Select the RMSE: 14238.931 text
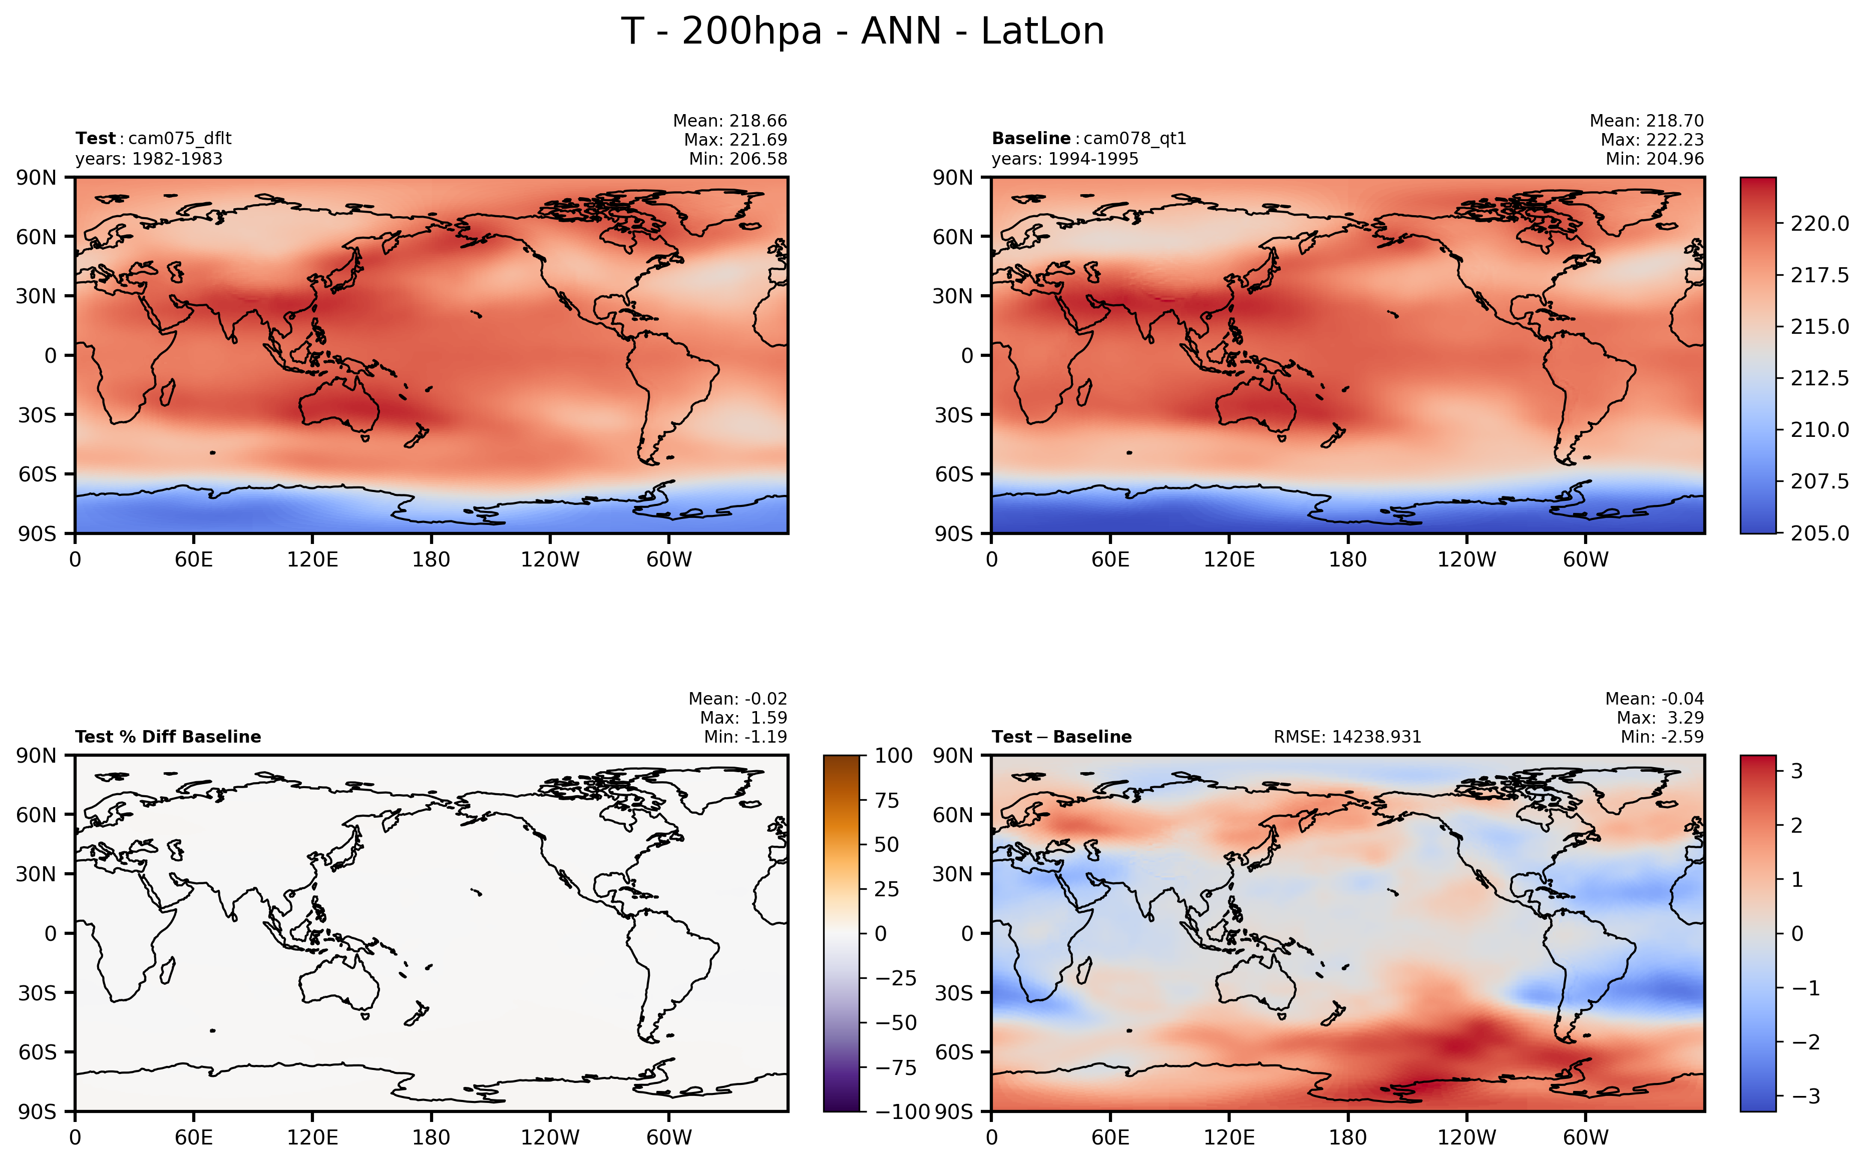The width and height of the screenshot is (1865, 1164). (1347, 737)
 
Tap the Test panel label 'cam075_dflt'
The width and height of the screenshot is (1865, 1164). (179, 139)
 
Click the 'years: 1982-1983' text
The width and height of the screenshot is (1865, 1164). (149, 159)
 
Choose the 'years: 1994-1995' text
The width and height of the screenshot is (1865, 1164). (1065, 159)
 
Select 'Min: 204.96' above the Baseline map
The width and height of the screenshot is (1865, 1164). (1654, 159)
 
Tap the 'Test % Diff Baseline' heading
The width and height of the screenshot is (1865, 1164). (168, 737)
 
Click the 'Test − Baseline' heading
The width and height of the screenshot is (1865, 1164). (1061, 737)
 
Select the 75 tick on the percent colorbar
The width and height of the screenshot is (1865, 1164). (887, 801)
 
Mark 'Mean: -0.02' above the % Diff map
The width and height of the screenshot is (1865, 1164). (737, 699)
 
